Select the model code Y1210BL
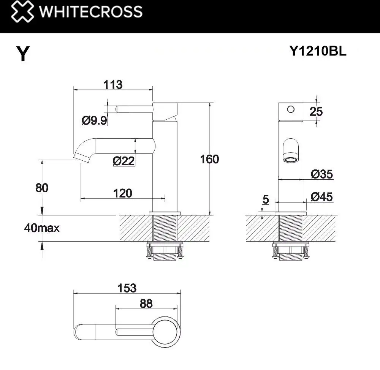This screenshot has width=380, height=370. pyautogui.click(x=318, y=51)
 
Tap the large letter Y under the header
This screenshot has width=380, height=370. pyautogui.click(x=22, y=54)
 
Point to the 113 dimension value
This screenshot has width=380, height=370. pyautogui.click(x=113, y=84)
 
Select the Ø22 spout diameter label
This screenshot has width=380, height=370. pyautogui.click(x=123, y=161)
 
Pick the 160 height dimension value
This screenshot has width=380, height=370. pyautogui.click(x=209, y=159)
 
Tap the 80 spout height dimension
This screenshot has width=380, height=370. pyautogui.click(x=42, y=187)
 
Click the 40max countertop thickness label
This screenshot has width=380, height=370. pyautogui.click(x=42, y=228)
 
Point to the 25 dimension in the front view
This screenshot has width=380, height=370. pyautogui.click(x=316, y=112)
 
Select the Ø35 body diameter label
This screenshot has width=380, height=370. pyautogui.click(x=321, y=174)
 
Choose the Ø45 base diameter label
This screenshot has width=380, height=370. pyautogui.click(x=321, y=197)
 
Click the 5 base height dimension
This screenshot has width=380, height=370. pyautogui.click(x=266, y=199)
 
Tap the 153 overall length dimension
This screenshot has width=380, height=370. pyautogui.click(x=127, y=288)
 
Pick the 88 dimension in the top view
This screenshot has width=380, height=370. pyautogui.click(x=146, y=304)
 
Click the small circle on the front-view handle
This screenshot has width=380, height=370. pyautogui.click(x=291, y=109)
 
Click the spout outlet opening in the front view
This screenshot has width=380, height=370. pyautogui.click(x=291, y=160)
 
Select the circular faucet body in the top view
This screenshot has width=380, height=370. pyautogui.click(x=167, y=330)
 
